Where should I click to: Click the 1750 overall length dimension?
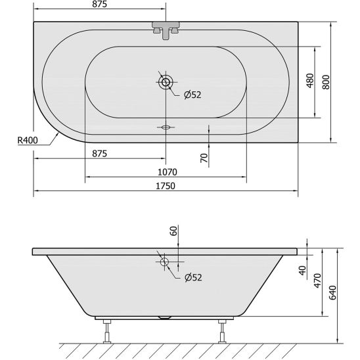pyautogui.click(x=166, y=186)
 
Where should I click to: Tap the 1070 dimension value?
pyautogui.click(x=168, y=172)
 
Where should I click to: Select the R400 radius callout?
pyautogui.click(x=28, y=140)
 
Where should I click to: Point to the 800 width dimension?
pyautogui.click(x=326, y=82)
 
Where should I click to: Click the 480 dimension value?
pyautogui.click(x=310, y=80)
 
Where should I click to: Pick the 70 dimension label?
pyautogui.click(x=204, y=158)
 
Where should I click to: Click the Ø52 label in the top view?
pyautogui.click(x=192, y=95)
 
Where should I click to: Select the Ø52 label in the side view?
pyautogui.click(x=193, y=277)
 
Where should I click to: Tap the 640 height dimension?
pyautogui.click(x=332, y=292)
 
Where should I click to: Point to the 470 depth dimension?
pyautogui.click(x=317, y=281)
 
